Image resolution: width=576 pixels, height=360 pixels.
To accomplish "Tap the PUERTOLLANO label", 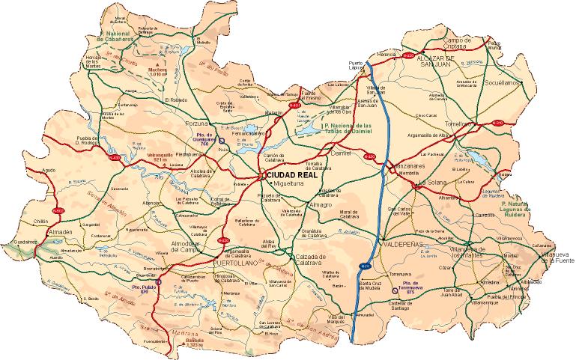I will click(x=236, y=265).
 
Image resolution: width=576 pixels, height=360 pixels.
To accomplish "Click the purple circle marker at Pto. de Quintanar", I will click(x=221, y=140).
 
